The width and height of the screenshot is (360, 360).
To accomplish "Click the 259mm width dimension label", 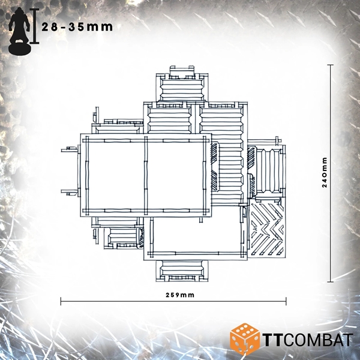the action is point(180,295).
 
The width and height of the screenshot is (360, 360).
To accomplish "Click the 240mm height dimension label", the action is point(325,172).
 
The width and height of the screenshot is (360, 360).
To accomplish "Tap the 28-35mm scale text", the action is point(77,27).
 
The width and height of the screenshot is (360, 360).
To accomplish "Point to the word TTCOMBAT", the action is point(308,340).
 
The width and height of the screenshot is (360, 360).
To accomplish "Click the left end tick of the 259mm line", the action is point(61,301).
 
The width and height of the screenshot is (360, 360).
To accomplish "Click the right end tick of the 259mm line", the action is point(286,301).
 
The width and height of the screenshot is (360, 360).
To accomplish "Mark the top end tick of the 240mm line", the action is point(330,65).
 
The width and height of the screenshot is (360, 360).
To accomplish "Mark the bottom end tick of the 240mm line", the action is point(330,282).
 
